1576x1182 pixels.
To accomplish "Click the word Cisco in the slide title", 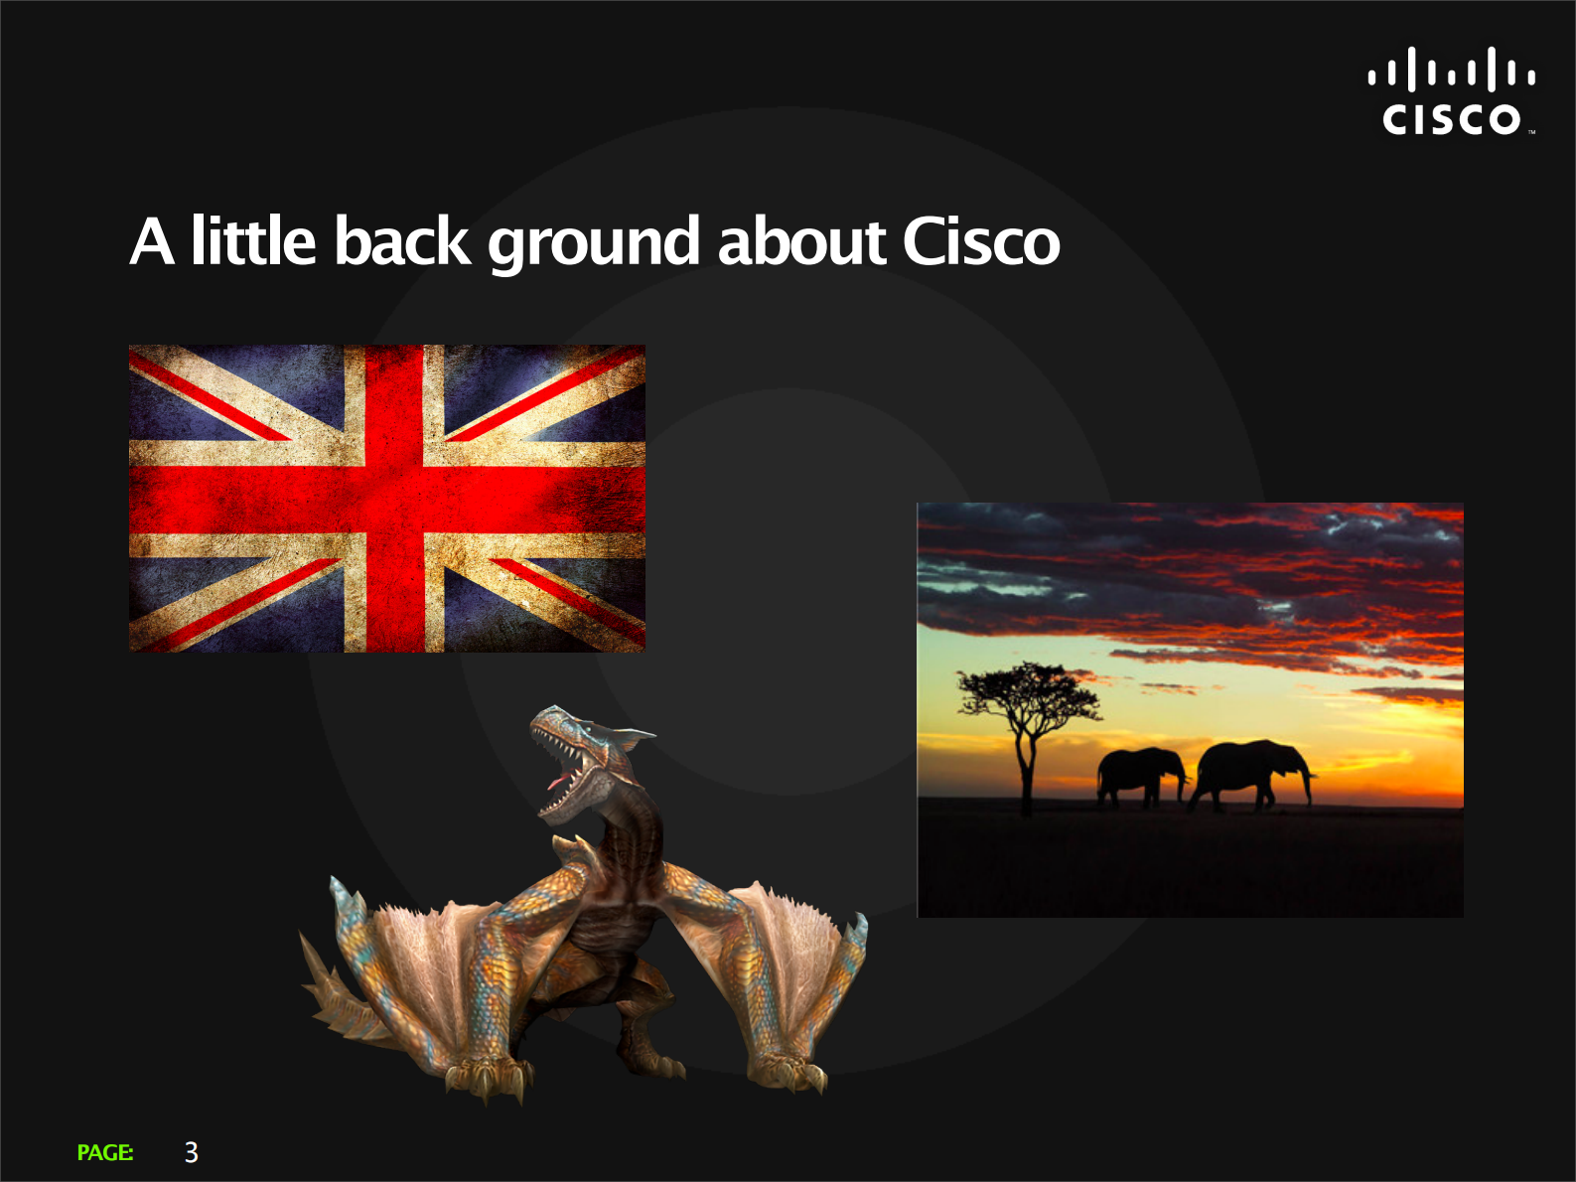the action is click(x=981, y=240).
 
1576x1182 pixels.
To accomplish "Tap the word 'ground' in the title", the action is click(x=593, y=243).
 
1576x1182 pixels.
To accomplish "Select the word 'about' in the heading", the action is click(x=801, y=240).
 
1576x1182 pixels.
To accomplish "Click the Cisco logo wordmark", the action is click(x=1452, y=119).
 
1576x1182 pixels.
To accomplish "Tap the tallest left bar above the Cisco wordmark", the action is click(x=1411, y=69).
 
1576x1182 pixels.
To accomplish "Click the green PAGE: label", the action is click(x=105, y=1152).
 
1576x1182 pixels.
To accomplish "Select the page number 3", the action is click(x=191, y=1152).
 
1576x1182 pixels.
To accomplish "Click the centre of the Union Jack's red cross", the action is click(x=394, y=499).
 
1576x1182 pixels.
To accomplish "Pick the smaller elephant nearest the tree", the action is click(x=1140, y=777).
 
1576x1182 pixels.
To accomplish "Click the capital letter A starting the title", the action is click(x=153, y=240).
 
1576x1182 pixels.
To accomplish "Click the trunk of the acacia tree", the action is click(x=1027, y=772).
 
